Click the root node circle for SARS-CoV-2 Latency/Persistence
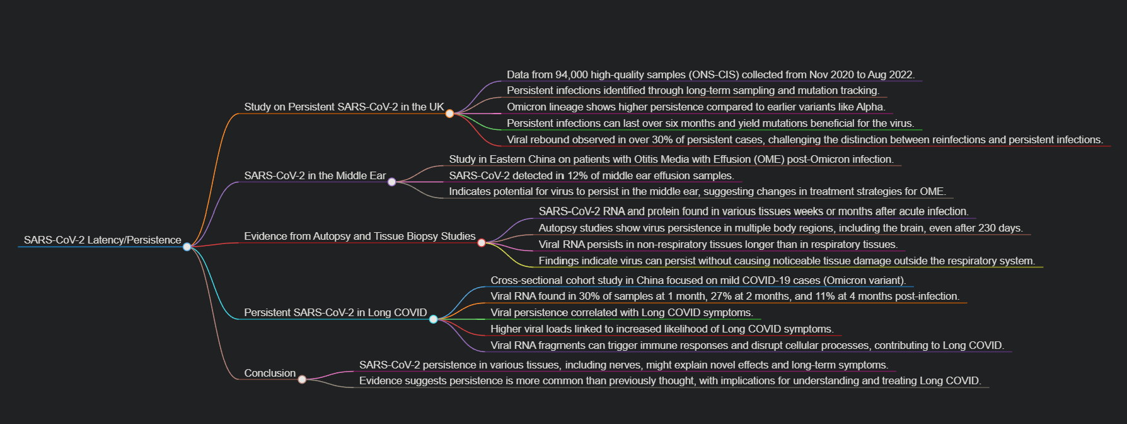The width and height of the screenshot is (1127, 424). tap(187, 247)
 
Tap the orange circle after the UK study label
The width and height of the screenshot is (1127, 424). tap(449, 114)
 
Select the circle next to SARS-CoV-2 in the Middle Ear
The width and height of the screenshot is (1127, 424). tap(391, 182)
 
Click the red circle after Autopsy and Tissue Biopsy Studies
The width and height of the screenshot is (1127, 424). tap(482, 243)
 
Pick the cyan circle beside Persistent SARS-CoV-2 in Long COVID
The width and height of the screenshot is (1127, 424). tap(433, 319)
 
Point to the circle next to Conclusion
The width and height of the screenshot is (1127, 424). tap(302, 379)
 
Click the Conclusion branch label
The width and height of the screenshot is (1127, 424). tap(270, 373)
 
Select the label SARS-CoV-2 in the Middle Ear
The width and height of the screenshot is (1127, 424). tap(315, 175)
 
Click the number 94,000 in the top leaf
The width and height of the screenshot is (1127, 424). tap(573, 74)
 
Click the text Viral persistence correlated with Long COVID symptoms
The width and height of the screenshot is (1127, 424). tap(621, 312)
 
